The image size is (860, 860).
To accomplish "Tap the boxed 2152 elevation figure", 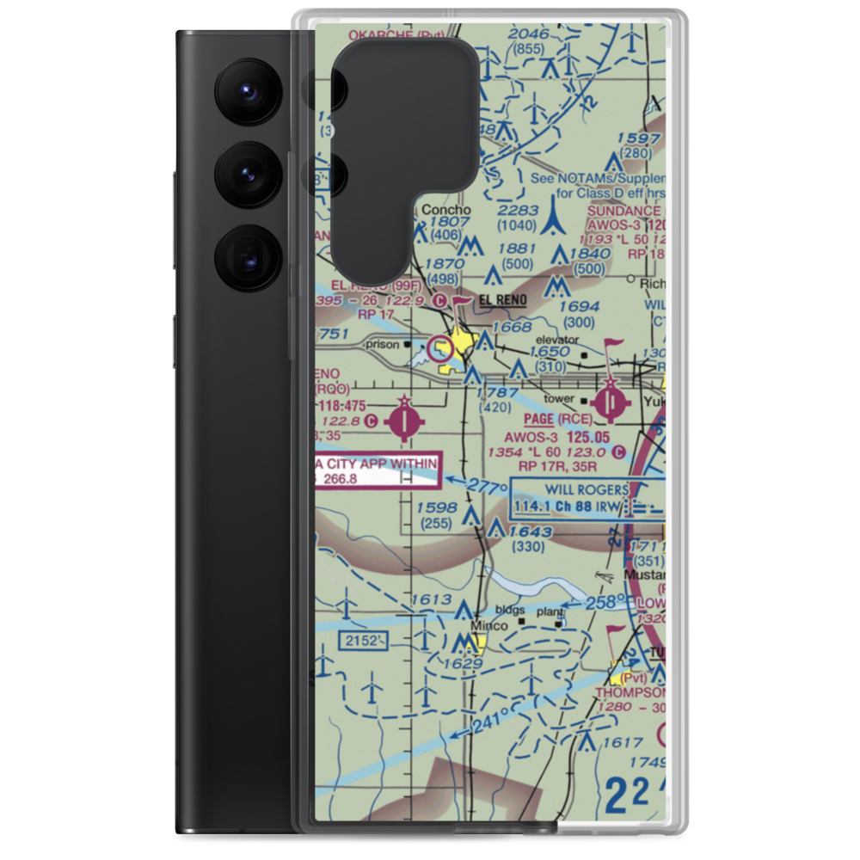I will tap(361, 640).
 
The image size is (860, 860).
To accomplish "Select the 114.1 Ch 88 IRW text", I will tap(568, 507).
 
